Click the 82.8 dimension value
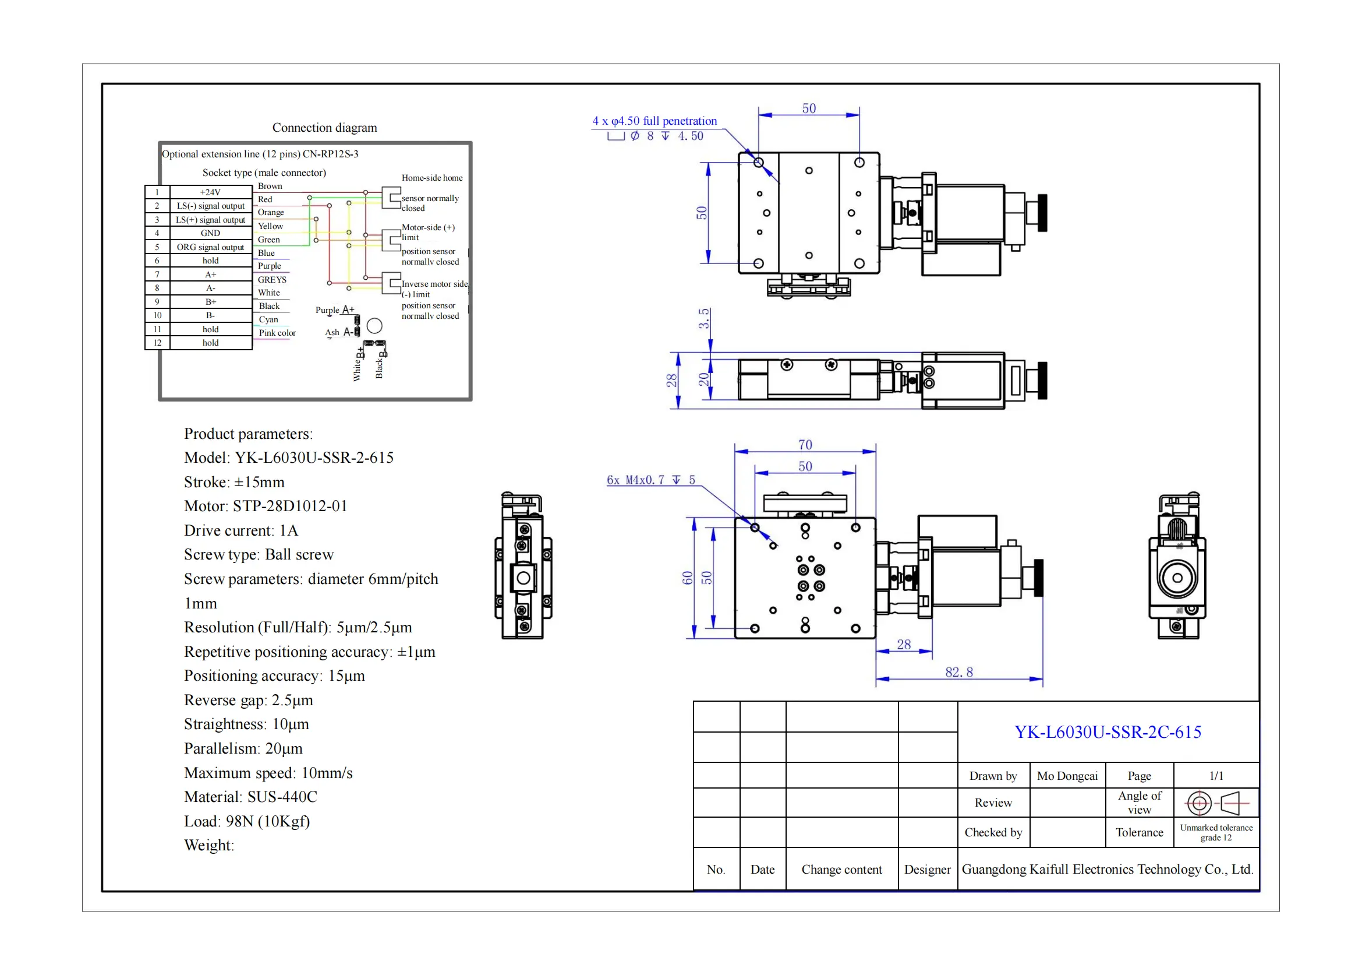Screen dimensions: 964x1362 (x=958, y=672)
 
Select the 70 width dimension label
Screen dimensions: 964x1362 (x=805, y=445)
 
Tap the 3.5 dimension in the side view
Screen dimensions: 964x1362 (x=703, y=319)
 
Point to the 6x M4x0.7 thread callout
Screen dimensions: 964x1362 (x=650, y=480)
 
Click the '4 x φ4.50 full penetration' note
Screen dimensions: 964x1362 (x=655, y=121)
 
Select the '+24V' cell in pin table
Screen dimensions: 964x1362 (x=210, y=192)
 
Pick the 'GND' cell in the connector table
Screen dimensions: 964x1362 (x=210, y=233)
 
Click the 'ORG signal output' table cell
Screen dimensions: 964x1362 (x=210, y=247)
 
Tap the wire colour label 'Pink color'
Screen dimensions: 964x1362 (x=277, y=333)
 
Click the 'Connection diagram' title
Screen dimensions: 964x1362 (x=324, y=128)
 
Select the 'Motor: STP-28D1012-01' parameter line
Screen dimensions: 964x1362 (x=265, y=506)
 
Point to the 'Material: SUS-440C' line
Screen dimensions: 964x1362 (x=250, y=797)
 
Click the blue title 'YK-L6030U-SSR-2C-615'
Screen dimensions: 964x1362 (x=1108, y=732)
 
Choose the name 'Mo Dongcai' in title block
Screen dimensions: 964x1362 (x=1067, y=776)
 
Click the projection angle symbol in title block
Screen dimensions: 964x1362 (x=1215, y=803)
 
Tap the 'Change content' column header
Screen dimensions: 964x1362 (x=841, y=870)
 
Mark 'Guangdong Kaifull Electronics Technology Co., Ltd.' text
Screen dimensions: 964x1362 (x=1107, y=870)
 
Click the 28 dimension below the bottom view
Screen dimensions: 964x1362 (x=904, y=644)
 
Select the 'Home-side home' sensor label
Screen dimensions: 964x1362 (x=432, y=178)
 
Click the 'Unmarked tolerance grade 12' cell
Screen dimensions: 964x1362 (x=1215, y=832)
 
